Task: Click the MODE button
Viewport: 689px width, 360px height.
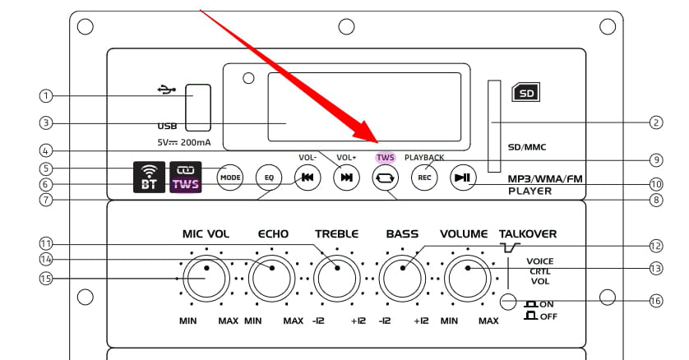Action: click(x=230, y=178)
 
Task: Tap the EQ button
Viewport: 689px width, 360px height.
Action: click(x=269, y=178)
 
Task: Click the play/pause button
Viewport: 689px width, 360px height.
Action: click(x=463, y=178)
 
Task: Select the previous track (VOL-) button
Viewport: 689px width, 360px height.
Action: click(x=308, y=178)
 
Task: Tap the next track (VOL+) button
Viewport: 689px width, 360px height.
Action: click(x=347, y=178)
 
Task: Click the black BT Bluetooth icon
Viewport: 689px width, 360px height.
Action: click(x=150, y=178)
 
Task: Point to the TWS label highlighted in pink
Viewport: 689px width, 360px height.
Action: click(x=386, y=157)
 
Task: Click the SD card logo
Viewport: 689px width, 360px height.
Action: click(x=526, y=93)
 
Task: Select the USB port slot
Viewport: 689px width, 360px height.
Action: click(x=198, y=108)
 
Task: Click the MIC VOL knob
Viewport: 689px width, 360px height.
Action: click(x=206, y=279)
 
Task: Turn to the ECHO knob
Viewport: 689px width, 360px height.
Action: click(x=271, y=279)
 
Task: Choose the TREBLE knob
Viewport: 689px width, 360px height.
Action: click(x=337, y=279)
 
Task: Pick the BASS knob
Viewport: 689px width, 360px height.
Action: click(x=402, y=279)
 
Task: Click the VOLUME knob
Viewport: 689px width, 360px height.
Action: click(x=468, y=279)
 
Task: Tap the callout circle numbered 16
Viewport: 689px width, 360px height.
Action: click(x=655, y=301)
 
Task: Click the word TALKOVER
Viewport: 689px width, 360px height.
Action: click(x=528, y=234)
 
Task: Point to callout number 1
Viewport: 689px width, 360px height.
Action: click(x=46, y=95)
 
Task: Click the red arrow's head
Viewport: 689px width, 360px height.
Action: click(x=368, y=132)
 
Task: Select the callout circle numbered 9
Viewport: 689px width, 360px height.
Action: click(x=656, y=159)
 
